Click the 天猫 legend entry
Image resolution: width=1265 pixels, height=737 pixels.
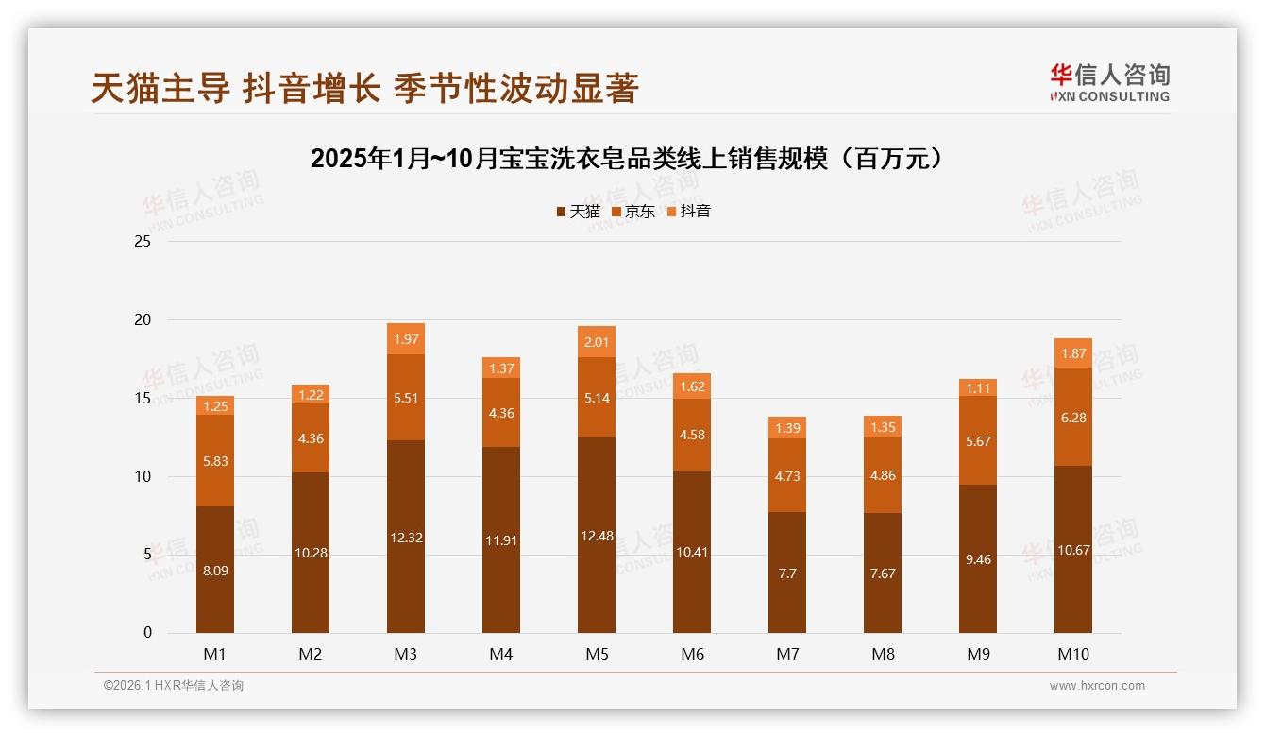[579, 212]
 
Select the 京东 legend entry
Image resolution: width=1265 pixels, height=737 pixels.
[633, 212]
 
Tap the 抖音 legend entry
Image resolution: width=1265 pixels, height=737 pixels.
[689, 212]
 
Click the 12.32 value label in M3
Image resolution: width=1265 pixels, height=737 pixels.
[405, 537]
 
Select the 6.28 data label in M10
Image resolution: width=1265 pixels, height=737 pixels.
[1073, 417]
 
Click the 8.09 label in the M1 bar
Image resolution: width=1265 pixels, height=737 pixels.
[214, 571]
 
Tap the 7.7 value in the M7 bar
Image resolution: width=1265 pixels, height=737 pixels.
[786, 573]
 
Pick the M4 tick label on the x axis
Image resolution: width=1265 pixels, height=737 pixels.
[501, 654]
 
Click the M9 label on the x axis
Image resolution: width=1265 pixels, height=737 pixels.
[978, 654]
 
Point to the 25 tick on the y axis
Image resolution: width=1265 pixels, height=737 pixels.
[143, 242]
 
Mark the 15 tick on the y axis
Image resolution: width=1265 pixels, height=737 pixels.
[143, 398]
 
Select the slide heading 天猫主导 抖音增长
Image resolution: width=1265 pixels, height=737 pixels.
[365, 89]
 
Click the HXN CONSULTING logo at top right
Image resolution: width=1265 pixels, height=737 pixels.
[1109, 82]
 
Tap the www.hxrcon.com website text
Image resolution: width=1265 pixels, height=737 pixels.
[1096, 686]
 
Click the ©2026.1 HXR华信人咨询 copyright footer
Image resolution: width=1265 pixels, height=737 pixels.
[173, 686]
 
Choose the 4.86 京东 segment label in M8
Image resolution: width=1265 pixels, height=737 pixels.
[883, 475]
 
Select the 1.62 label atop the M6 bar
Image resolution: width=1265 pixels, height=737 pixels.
[692, 386]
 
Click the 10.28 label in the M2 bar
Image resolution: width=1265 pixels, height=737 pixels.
[310, 553]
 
